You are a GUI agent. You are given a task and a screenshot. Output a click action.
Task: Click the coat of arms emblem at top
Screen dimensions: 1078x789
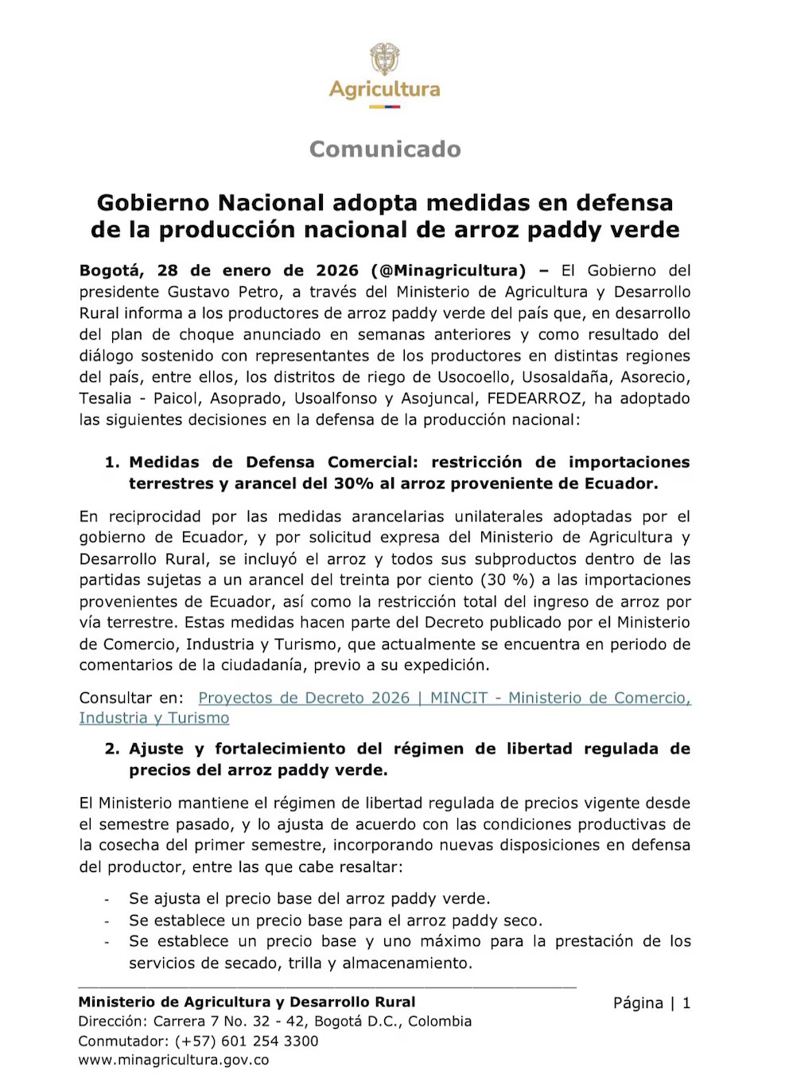[x=385, y=59]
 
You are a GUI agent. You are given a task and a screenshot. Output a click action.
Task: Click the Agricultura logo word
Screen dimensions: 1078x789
[x=385, y=89]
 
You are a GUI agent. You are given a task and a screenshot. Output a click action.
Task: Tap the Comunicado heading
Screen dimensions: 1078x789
[x=385, y=149]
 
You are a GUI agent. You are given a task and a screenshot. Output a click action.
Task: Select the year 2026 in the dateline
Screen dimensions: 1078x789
[x=337, y=270]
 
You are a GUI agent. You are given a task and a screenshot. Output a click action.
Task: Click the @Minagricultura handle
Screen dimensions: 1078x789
[x=449, y=270]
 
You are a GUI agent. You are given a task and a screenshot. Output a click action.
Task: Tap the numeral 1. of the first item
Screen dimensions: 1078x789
[x=112, y=462]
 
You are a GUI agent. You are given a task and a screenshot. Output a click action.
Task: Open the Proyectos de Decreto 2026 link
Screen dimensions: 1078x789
[x=304, y=698]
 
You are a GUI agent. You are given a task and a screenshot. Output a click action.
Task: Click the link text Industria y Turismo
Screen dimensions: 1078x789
[x=154, y=718]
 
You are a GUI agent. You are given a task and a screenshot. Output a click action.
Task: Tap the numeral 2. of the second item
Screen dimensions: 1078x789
[x=112, y=749]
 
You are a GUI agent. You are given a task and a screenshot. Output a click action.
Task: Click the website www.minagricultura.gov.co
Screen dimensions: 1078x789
[x=173, y=1060]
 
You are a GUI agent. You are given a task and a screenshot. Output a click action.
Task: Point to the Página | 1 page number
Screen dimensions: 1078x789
[x=651, y=1003]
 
